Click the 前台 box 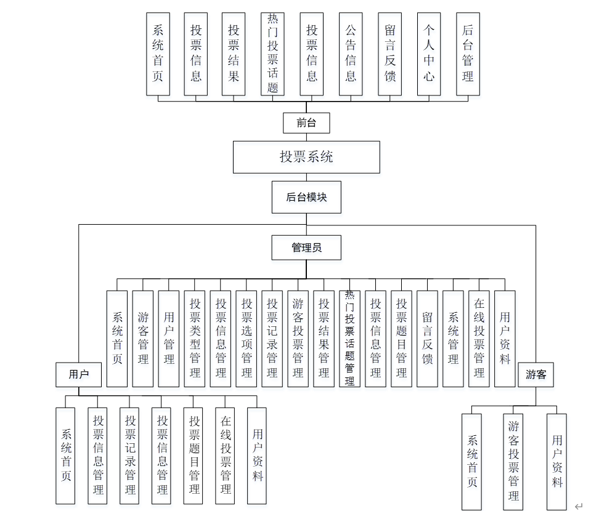(x=306, y=123)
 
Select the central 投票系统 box (x=306, y=157)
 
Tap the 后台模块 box (x=306, y=197)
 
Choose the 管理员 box (x=306, y=247)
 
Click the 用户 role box (x=78, y=374)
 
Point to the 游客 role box (x=536, y=374)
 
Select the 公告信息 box (x=351, y=54)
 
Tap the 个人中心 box (x=429, y=54)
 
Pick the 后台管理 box (x=468, y=54)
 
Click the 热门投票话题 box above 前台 (x=273, y=54)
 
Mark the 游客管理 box (x=143, y=339)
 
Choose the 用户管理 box (x=169, y=339)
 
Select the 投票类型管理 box (x=195, y=339)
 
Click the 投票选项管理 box (x=247, y=339)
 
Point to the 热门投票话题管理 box (x=349, y=339)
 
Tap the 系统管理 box (x=453, y=339)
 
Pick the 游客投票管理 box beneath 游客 (x=513, y=461)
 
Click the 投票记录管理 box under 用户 (x=130, y=456)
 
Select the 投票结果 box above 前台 (x=234, y=54)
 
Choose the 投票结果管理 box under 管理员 (x=324, y=339)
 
